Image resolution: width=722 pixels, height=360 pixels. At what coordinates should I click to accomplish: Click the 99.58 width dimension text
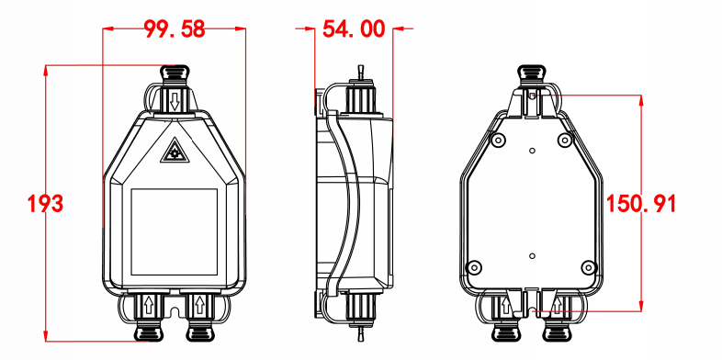click(174, 29)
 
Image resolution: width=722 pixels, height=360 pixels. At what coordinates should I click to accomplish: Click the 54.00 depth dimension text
click(354, 29)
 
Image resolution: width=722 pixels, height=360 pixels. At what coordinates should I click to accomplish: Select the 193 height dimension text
click(45, 204)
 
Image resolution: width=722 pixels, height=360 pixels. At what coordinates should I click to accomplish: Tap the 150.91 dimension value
click(641, 204)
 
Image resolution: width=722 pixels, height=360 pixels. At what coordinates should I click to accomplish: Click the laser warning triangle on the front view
click(174, 152)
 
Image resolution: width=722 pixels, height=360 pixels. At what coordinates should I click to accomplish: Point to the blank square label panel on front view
click(174, 231)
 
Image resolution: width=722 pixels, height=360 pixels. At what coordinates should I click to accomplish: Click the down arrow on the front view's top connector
click(174, 101)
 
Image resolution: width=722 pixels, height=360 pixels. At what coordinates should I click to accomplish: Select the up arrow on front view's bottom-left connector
click(149, 305)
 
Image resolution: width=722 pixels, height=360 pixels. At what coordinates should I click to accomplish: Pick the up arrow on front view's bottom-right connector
click(199, 305)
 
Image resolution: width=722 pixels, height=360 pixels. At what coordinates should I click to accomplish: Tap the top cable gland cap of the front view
click(174, 73)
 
